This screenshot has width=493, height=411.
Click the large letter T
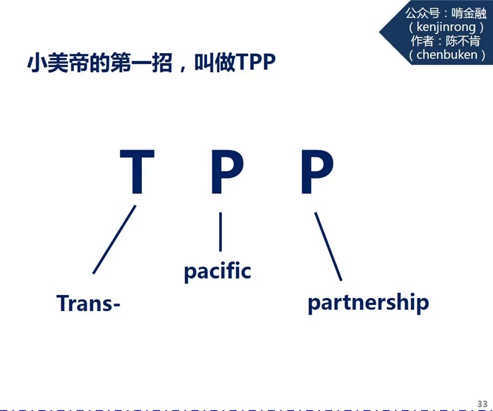[x=136, y=173]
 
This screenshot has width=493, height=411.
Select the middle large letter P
[x=227, y=173]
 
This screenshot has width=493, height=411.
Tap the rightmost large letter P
[x=317, y=173]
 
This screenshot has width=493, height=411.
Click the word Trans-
[x=88, y=303]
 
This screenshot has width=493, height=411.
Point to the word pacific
[x=218, y=270]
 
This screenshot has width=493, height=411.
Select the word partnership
[x=368, y=302]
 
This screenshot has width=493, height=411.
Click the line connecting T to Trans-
[x=114, y=239]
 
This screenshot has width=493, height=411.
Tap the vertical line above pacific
[x=220, y=231]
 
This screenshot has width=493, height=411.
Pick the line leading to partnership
[x=328, y=246]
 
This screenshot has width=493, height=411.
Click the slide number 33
[x=482, y=403]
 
